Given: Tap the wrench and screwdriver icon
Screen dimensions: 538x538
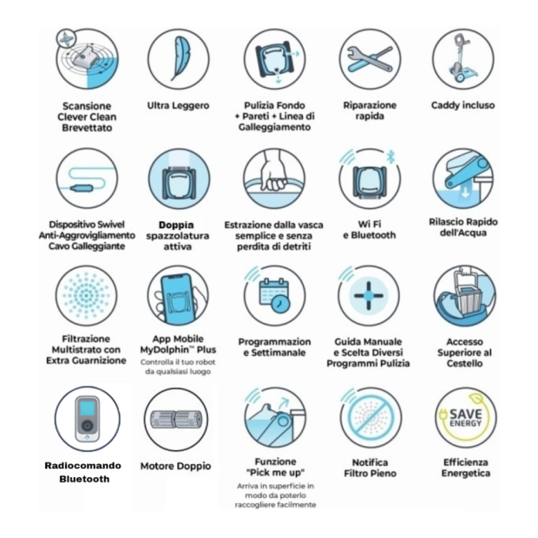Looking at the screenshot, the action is (x=370, y=59).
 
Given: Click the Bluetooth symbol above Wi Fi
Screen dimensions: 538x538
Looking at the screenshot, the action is (x=390, y=157).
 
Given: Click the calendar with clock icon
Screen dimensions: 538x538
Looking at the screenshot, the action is (x=274, y=295).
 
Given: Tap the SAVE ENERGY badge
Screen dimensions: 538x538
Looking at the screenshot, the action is (x=466, y=417).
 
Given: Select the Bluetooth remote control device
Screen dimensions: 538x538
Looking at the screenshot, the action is (x=87, y=419).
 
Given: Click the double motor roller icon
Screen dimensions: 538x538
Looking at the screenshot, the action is (x=177, y=419).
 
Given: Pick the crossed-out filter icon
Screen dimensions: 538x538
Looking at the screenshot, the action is (x=371, y=417).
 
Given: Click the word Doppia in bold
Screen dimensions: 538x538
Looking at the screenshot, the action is (x=176, y=225).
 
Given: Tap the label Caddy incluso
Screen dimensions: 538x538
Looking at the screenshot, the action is (x=463, y=105).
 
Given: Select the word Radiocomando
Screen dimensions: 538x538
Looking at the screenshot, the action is (x=82, y=466).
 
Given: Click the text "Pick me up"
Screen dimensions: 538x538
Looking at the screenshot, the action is (x=275, y=472).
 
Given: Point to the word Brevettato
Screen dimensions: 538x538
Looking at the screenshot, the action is (x=87, y=128).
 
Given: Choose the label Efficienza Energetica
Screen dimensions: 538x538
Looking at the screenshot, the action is (x=466, y=468).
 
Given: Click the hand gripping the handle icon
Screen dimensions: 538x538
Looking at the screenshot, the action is (x=273, y=172).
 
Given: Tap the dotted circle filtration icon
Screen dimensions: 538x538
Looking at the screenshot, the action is (x=86, y=295).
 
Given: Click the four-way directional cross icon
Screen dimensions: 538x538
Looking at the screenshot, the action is (x=368, y=295).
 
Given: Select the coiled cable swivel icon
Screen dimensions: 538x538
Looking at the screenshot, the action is (x=87, y=179).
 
